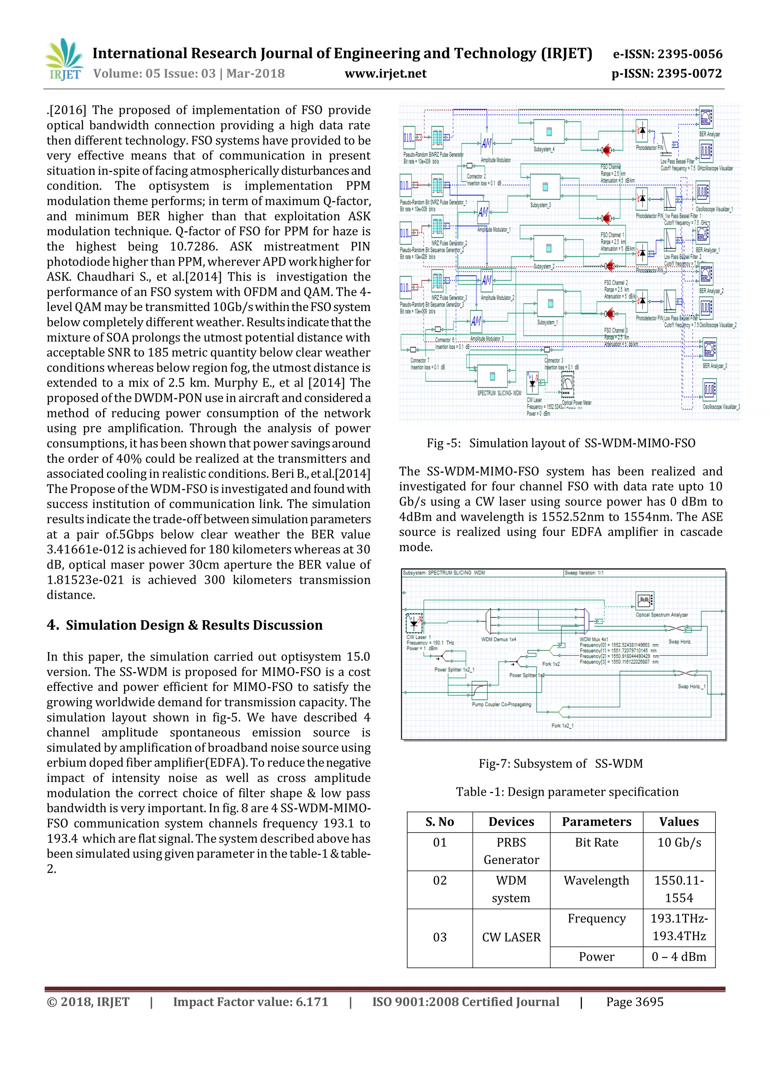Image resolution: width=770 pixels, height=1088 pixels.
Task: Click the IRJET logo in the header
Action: (64, 60)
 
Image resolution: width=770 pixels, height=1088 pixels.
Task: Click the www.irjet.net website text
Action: (385, 74)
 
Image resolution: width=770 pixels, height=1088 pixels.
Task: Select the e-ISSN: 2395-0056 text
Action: (667, 54)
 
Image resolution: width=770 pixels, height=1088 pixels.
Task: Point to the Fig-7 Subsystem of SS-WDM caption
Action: (561, 763)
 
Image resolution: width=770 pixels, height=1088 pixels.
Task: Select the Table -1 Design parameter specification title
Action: (567, 792)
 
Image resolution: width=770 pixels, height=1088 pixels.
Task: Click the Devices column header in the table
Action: (511, 822)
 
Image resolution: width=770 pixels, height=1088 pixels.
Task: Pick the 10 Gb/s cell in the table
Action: (679, 843)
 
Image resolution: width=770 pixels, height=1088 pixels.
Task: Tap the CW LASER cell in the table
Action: (511, 937)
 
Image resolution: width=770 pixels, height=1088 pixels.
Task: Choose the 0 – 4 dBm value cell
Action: (679, 957)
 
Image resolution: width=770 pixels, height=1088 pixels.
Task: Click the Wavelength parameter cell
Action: (596, 881)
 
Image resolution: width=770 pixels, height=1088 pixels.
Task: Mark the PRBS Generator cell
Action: (511, 851)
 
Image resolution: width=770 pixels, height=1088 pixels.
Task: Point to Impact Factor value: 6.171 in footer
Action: (250, 1002)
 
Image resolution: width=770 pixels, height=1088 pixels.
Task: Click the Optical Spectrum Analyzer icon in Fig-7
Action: (644, 601)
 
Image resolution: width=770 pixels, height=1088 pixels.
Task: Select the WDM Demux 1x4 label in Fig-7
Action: (498, 639)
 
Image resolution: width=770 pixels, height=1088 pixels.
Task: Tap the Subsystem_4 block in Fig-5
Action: (549, 131)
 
